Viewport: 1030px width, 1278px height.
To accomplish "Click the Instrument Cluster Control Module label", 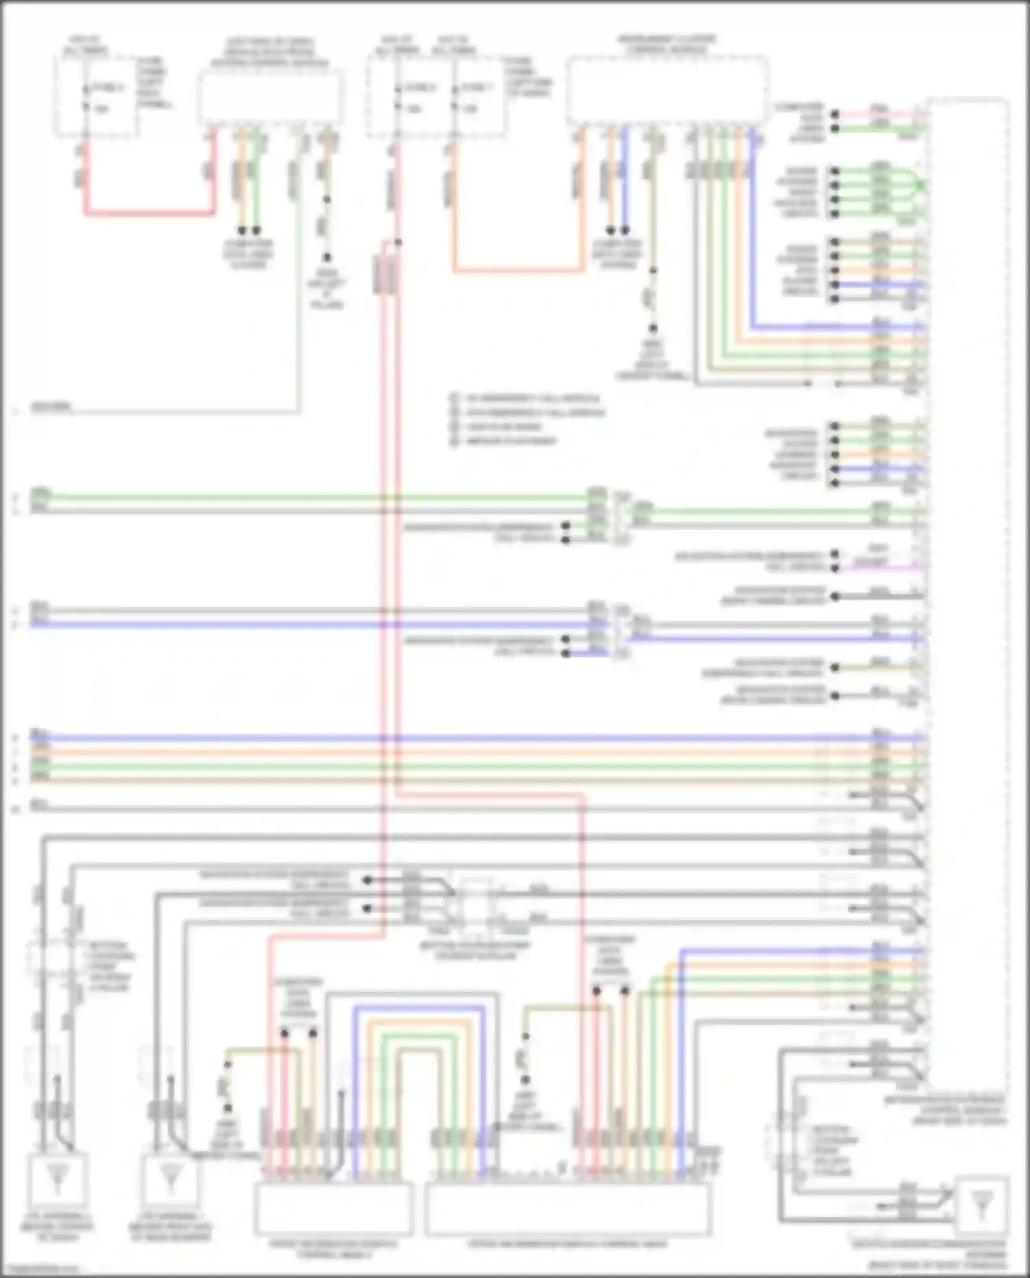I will point(667,45).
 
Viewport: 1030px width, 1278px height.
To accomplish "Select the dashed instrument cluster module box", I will point(667,91).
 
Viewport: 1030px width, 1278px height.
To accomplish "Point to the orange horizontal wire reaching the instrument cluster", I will point(518,271).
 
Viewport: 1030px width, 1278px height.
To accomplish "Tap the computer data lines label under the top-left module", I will point(249,254).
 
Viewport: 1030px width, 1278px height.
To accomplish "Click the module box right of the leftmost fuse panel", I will point(271,98).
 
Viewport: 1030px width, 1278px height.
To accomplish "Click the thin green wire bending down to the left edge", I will point(185,413).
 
